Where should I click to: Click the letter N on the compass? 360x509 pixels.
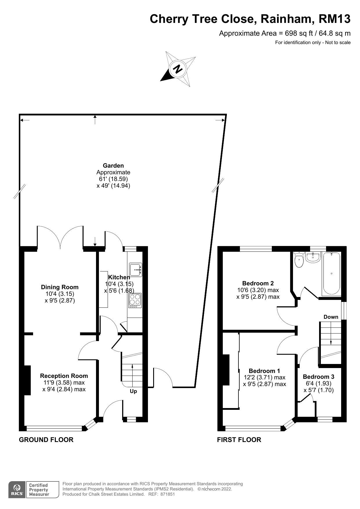pyautogui.click(x=178, y=69)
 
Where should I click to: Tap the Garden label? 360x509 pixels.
pyautogui.click(x=113, y=166)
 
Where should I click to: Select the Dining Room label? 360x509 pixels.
pyautogui.click(x=60, y=287)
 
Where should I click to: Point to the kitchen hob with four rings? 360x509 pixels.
pyautogui.click(x=135, y=300)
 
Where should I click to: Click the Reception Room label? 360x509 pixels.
pyautogui.click(x=64, y=376)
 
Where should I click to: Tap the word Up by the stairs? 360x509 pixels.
pyautogui.click(x=133, y=391)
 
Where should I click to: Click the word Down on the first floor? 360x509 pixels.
pyautogui.click(x=331, y=317)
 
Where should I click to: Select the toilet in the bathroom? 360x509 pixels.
pyautogui.click(x=299, y=260)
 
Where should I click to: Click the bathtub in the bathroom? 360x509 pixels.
pyautogui.click(x=331, y=273)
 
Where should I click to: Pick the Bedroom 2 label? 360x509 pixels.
pyautogui.click(x=258, y=283)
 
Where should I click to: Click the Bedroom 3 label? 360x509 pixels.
pyautogui.click(x=318, y=377)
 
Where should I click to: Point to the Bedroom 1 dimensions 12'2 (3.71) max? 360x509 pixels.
pyautogui.click(x=265, y=377)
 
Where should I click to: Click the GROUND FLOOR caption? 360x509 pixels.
pyautogui.click(x=46, y=440)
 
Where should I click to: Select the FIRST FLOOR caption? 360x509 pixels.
pyautogui.click(x=239, y=440)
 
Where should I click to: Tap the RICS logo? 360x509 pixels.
pyautogui.click(x=17, y=490)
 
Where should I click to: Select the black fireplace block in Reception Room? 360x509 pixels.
pyautogui.click(x=27, y=380)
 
